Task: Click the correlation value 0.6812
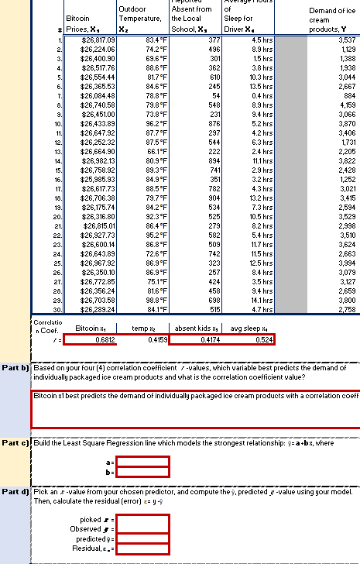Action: (x=94, y=339)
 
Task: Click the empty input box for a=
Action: (x=143, y=461)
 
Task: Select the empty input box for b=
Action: (x=143, y=471)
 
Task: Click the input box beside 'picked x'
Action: (x=143, y=518)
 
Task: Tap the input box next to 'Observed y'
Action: (x=143, y=528)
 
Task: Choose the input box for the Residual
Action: (x=143, y=549)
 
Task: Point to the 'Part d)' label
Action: (x=15, y=491)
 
